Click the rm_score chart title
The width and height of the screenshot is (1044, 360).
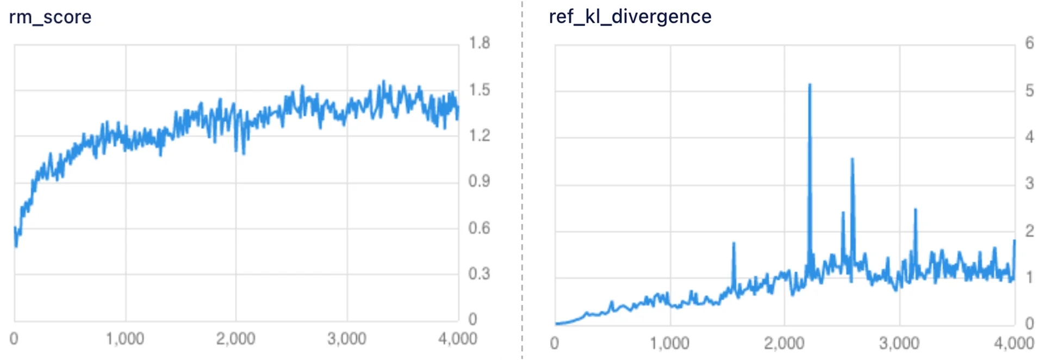pyautogui.click(x=50, y=17)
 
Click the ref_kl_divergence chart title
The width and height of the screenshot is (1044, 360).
pyautogui.click(x=630, y=16)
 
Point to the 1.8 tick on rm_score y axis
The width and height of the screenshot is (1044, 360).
pyautogui.click(x=479, y=43)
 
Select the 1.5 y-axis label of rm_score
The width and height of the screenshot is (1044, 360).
pyautogui.click(x=479, y=90)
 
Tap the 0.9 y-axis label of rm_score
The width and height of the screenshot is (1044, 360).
pyautogui.click(x=479, y=181)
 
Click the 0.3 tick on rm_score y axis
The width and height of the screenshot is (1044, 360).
pyautogui.click(x=479, y=274)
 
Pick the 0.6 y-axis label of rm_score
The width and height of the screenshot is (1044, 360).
pyautogui.click(x=479, y=228)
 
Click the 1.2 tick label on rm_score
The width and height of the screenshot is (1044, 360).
pyautogui.click(x=479, y=135)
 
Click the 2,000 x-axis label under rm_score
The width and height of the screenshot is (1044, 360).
pyautogui.click(x=235, y=339)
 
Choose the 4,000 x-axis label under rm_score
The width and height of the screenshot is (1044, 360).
pyautogui.click(x=457, y=339)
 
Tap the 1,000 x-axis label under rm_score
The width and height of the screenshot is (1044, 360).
pyautogui.click(x=125, y=339)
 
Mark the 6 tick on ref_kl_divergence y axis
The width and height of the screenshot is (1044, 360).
pyautogui.click(x=1029, y=43)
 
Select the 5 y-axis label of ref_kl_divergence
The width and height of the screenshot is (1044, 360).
pyautogui.click(x=1029, y=90)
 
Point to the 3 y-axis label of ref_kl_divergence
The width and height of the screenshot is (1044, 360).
pyautogui.click(x=1029, y=183)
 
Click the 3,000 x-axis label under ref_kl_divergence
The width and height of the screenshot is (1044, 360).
pyautogui.click(x=899, y=343)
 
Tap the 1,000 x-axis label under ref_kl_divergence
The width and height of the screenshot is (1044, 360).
pyautogui.click(x=669, y=343)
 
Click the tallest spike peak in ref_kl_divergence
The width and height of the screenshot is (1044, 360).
pyautogui.click(x=810, y=85)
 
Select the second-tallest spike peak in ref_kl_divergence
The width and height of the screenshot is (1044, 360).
pyautogui.click(x=852, y=159)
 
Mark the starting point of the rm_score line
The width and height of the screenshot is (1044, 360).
pyautogui.click(x=15, y=228)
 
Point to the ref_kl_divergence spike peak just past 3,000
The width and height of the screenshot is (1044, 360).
pyautogui.click(x=915, y=209)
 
